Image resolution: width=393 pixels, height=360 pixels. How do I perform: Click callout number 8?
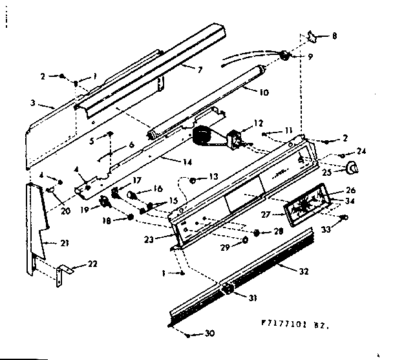(334, 37)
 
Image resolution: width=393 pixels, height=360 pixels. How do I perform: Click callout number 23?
(156, 237)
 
